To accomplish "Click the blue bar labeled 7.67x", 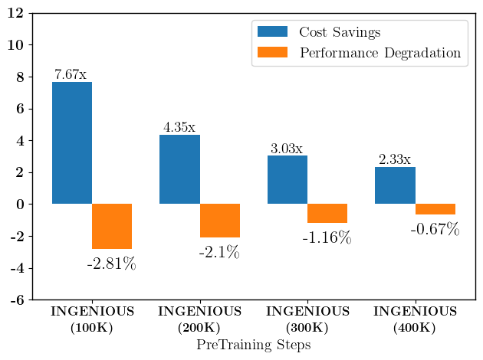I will [72, 143].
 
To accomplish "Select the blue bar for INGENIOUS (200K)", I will [179, 169].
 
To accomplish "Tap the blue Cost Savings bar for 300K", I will [287, 180].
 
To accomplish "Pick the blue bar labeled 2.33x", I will [395, 185].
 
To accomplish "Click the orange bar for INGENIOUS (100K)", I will [112, 226].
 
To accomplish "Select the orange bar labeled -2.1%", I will [220, 221].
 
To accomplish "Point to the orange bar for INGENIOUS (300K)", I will [327, 213].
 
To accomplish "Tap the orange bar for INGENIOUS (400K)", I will [435, 209].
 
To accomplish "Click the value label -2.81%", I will [111, 264].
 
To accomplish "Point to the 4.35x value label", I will [179, 127].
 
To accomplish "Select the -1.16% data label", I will [327, 238].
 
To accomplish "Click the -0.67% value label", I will [435, 229].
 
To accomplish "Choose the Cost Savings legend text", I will [340, 33].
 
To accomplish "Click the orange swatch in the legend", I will [272, 53].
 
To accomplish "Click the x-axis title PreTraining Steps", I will [254, 345].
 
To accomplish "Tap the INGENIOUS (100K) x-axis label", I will [92, 319].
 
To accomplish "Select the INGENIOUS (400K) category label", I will [415, 319].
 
